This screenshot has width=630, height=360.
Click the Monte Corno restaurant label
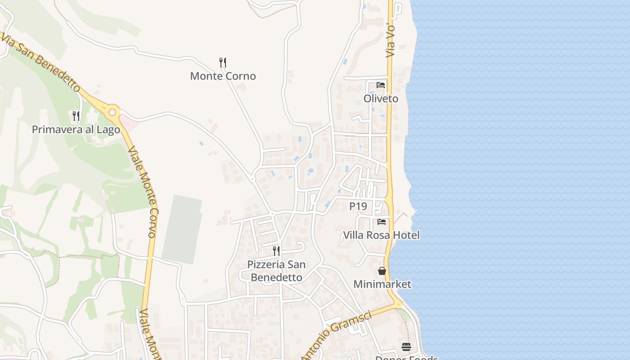[x=223, y=76]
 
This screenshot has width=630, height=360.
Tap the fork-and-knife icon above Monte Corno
[x=222, y=62]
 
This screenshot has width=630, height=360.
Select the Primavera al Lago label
[x=76, y=130]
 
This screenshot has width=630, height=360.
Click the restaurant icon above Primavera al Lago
[x=76, y=116]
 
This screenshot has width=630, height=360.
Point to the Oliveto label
[x=381, y=99]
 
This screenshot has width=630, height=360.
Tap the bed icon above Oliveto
[x=381, y=85]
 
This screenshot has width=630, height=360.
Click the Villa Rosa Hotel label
[x=381, y=235]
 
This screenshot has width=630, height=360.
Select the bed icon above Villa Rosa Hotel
[x=382, y=221]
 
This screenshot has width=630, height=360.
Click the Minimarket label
[x=382, y=284]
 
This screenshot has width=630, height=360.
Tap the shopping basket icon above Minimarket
[x=382, y=271]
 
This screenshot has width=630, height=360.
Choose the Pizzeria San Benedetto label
[x=276, y=271]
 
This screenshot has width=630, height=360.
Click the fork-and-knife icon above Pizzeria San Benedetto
[x=276, y=251]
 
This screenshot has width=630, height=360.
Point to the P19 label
[x=358, y=206]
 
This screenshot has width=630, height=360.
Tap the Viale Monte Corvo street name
[x=144, y=192]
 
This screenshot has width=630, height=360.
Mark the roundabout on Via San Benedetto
[x=112, y=112]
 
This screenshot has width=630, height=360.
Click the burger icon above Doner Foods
[x=406, y=346]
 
